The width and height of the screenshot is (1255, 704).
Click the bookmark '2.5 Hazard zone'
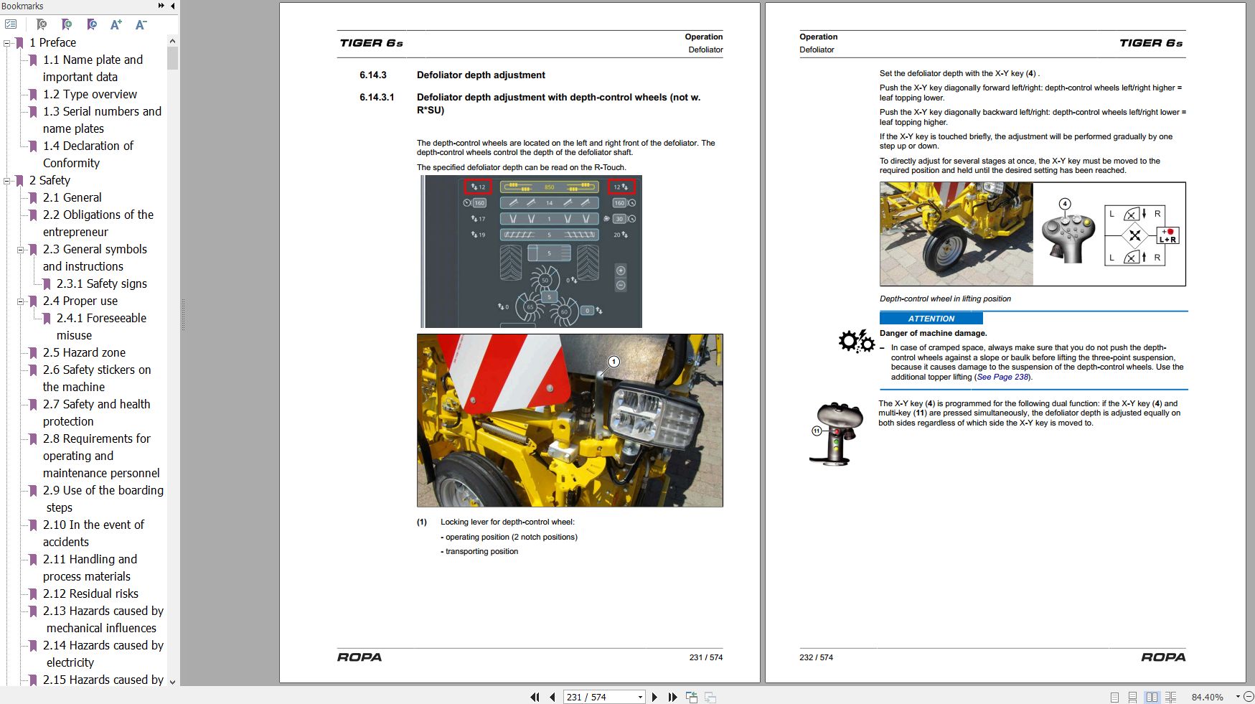click(84, 352)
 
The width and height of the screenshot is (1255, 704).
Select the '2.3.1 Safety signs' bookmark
click(101, 283)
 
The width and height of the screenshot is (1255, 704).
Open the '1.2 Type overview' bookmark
click(89, 94)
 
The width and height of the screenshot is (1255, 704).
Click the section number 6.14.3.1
click(377, 98)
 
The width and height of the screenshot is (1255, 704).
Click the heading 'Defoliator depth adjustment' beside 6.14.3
click(481, 75)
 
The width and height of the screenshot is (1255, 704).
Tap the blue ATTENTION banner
click(931, 319)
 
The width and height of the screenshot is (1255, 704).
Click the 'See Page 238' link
click(1002, 377)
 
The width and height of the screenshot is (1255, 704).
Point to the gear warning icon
click(855, 341)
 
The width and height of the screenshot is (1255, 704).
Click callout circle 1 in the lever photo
click(614, 362)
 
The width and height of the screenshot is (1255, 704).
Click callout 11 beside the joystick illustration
click(817, 431)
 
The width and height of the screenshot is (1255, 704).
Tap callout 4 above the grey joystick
click(1065, 204)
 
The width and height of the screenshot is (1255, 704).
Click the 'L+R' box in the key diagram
click(1167, 235)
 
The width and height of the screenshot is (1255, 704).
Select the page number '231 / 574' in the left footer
click(705, 657)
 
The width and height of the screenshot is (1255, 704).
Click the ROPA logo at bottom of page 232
click(1163, 657)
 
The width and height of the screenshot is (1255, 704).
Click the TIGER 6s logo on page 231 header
click(371, 43)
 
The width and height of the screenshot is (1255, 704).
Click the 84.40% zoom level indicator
click(1207, 697)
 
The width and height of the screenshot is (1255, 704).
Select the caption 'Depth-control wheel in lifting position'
click(945, 299)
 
